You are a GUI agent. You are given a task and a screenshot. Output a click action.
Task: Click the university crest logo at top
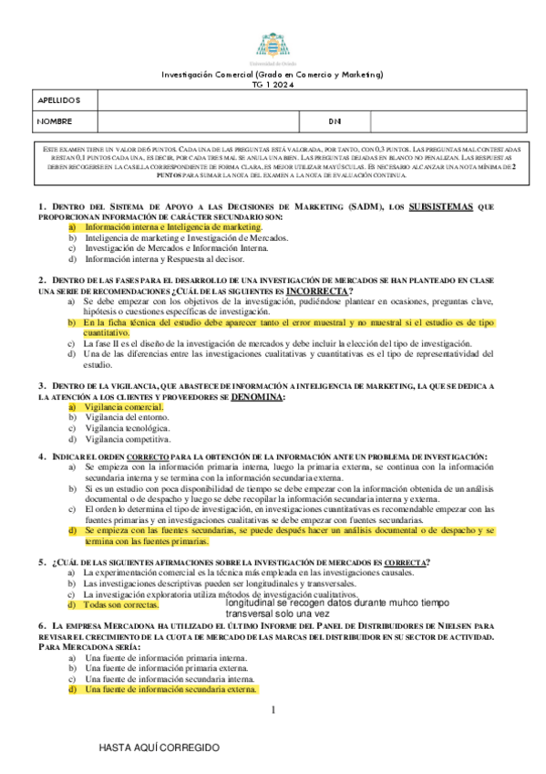[x=272, y=45]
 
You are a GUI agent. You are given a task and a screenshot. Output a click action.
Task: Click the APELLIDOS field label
[x=60, y=99]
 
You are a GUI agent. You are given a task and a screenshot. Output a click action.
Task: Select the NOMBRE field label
[x=55, y=120]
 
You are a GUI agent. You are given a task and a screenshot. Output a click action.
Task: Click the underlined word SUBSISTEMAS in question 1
[x=441, y=207]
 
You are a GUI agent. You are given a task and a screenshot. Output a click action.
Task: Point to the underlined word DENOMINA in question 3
[x=257, y=397]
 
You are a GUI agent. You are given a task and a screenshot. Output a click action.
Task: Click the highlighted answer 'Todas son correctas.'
[x=121, y=604]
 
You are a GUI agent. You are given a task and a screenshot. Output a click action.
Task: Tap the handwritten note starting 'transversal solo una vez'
[x=283, y=614]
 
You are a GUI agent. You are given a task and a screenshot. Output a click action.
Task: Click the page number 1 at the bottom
[x=273, y=710]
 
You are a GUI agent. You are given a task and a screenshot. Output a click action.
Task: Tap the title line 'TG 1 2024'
[x=272, y=83]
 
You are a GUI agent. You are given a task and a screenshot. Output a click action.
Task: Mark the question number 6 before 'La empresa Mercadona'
[x=42, y=625]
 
